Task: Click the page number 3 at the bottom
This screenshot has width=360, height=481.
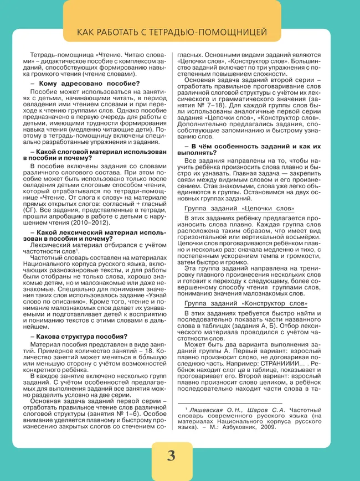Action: [171, 456]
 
